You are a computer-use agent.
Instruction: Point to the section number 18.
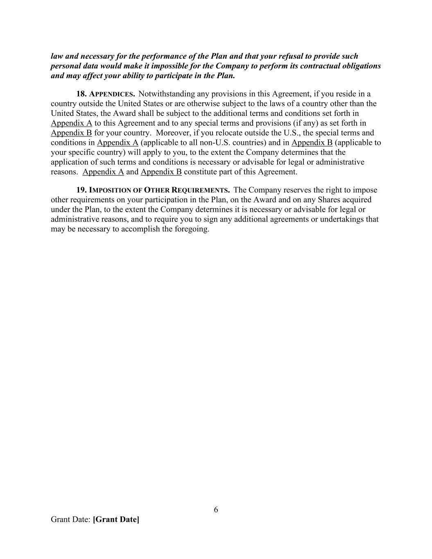click(x=81, y=94)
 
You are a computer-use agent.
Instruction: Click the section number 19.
click(x=81, y=190)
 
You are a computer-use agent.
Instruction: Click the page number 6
click(x=216, y=510)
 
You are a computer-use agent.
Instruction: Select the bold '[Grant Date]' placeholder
click(x=116, y=520)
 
